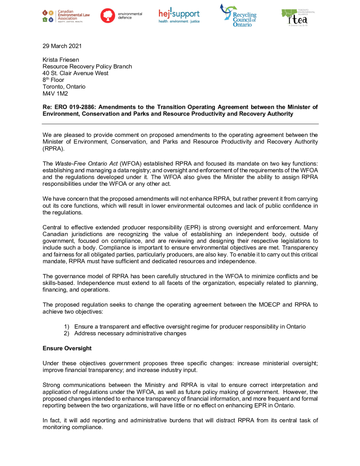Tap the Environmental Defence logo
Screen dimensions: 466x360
click(121, 15)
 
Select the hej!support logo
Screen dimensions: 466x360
click(179, 15)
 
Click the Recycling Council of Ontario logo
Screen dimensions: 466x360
click(238, 15)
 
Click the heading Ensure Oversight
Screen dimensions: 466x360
click(67, 349)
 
